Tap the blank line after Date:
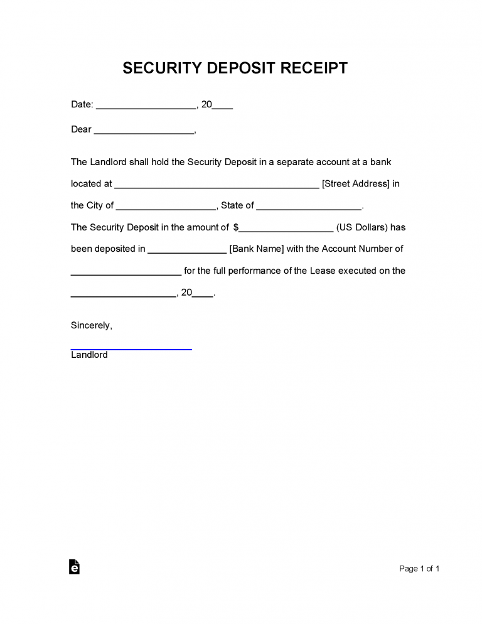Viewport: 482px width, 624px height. coord(146,107)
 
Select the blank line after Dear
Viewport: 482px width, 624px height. coord(144,132)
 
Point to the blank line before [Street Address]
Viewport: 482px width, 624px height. coord(217,186)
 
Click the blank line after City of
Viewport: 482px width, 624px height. coord(166,208)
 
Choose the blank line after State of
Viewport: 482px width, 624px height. coord(309,208)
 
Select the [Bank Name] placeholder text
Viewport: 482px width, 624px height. coord(257,249)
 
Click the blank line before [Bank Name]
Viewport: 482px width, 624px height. coord(186,251)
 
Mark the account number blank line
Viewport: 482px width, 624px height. coord(126,274)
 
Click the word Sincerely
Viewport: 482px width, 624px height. coord(92,326)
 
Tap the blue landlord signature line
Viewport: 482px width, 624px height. coord(131,348)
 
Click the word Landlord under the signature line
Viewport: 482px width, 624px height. coord(89,355)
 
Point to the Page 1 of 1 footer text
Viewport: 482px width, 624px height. coord(419,569)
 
